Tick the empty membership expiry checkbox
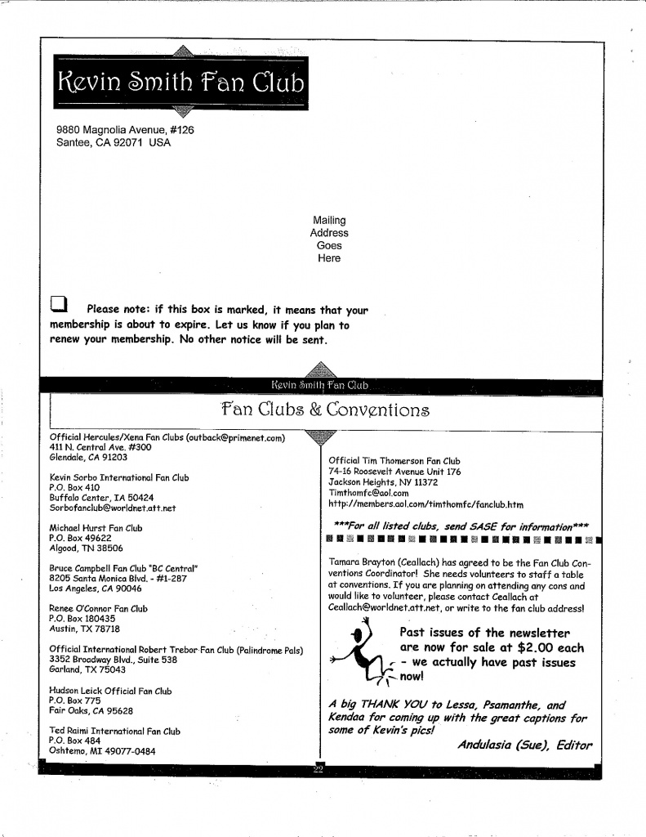pyautogui.click(x=59, y=305)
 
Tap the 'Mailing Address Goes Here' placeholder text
pyautogui.click(x=329, y=239)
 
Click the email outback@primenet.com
pyautogui.click(x=236, y=437)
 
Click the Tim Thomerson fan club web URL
pyautogui.click(x=425, y=504)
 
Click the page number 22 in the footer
pyautogui.click(x=319, y=770)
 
